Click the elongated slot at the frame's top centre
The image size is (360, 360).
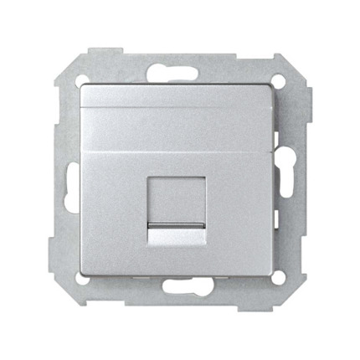pos(180,69)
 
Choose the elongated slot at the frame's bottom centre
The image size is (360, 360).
pos(180,290)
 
